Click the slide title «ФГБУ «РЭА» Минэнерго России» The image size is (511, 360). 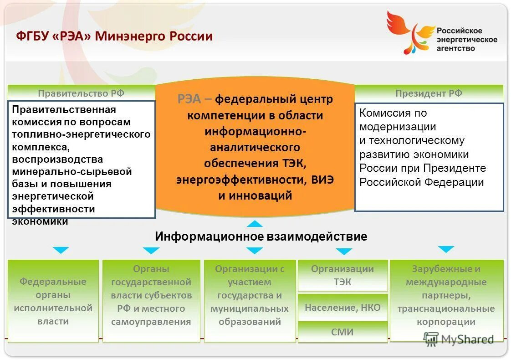coord(115,36)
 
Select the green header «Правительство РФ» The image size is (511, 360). coord(81,93)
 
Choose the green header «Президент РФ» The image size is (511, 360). coord(429,93)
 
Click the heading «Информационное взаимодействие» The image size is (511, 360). coord(261,237)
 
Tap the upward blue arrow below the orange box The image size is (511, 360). coord(255,223)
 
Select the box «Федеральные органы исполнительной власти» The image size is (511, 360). coord(53,301)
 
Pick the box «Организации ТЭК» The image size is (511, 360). coord(342,275)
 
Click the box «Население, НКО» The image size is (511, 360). coord(342,307)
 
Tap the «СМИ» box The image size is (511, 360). coord(342,332)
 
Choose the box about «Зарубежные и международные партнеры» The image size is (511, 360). coord(446,295)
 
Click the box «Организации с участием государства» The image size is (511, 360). coord(250,295)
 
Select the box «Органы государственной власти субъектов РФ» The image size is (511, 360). coord(151,295)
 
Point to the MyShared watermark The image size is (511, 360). coord(459,339)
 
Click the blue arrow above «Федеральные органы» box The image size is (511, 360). coord(61,250)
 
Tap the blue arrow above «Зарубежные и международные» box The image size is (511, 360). coord(446,249)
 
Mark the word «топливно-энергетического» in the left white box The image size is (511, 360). coord(81,135)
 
